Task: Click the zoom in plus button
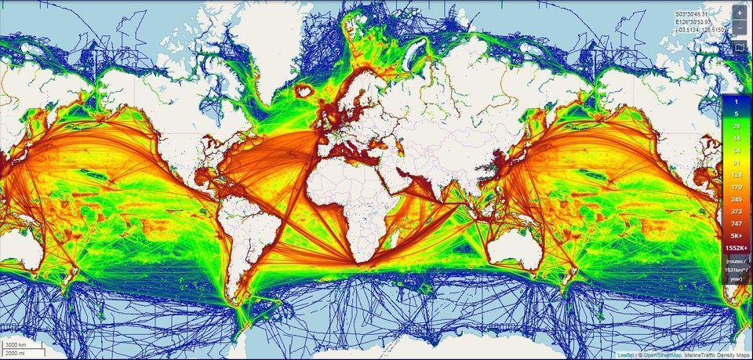click(x=739, y=13)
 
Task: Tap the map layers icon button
click(x=739, y=47)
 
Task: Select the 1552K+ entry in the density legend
click(x=736, y=247)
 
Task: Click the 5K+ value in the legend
click(x=736, y=235)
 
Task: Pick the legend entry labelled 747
click(x=736, y=223)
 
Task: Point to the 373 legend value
click(x=736, y=211)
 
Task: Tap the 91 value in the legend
click(x=736, y=162)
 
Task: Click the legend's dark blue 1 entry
click(x=736, y=102)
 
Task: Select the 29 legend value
click(x=736, y=126)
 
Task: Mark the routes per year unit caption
click(x=736, y=269)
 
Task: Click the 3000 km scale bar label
click(x=15, y=345)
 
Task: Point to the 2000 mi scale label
click(x=15, y=354)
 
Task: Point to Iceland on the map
click(x=302, y=92)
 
